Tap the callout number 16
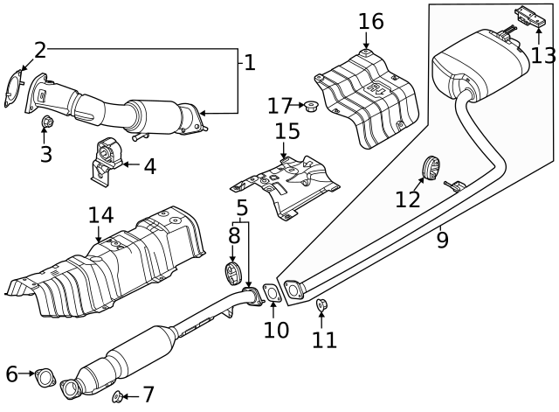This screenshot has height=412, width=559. [370, 21]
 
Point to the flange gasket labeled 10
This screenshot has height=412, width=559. [272, 293]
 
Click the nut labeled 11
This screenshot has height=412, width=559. [321, 305]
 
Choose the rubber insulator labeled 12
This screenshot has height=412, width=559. [431, 167]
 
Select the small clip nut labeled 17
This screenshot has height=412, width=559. [310, 107]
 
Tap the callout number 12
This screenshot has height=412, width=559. [407, 199]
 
